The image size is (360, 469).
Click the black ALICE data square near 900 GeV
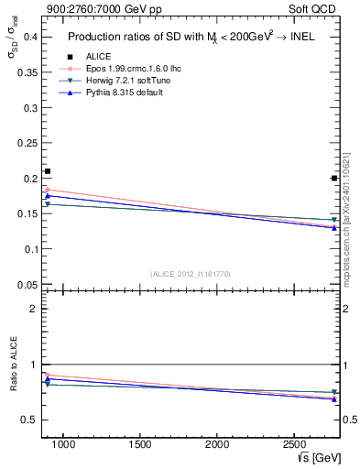click(x=48, y=171)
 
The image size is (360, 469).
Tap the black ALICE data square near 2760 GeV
click(x=334, y=178)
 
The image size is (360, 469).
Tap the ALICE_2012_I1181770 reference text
click(x=190, y=273)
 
